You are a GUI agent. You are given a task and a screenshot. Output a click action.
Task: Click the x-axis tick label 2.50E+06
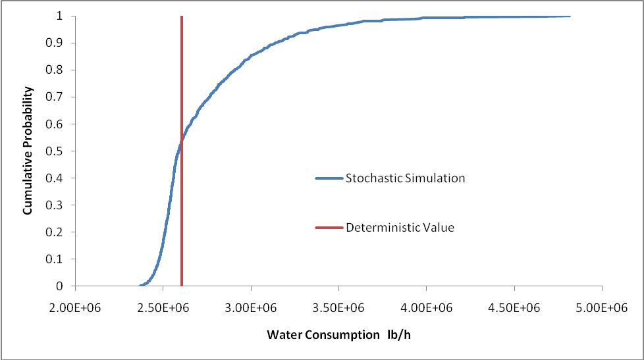pyautogui.click(x=163, y=307)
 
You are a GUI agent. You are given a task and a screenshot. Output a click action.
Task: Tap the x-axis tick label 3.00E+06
pyautogui.click(x=251, y=307)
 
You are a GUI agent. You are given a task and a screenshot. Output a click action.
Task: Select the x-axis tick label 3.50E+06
pyautogui.click(x=338, y=307)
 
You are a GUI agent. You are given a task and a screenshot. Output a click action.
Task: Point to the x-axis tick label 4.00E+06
pyautogui.click(x=426, y=307)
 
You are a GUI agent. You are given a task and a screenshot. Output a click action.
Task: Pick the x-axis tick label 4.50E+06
pyautogui.click(x=514, y=307)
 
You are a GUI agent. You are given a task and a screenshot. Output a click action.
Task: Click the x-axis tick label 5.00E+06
pyautogui.click(x=602, y=307)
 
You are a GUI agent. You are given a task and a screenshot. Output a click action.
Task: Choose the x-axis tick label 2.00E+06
pyautogui.click(x=76, y=307)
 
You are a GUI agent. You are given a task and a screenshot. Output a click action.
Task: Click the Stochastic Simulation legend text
pyautogui.click(x=406, y=178)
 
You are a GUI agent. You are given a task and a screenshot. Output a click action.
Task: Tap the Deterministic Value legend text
pyautogui.click(x=400, y=228)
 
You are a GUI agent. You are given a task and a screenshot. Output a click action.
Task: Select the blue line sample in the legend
pyautogui.click(x=329, y=178)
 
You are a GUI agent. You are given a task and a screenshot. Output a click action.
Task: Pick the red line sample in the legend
pyautogui.click(x=329, y=228)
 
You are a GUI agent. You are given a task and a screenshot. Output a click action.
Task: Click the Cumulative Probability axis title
pyautogui.click(x=28, y=151)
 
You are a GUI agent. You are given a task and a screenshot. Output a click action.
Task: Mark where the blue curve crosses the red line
pyautogui.click(x=181, y=140)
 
